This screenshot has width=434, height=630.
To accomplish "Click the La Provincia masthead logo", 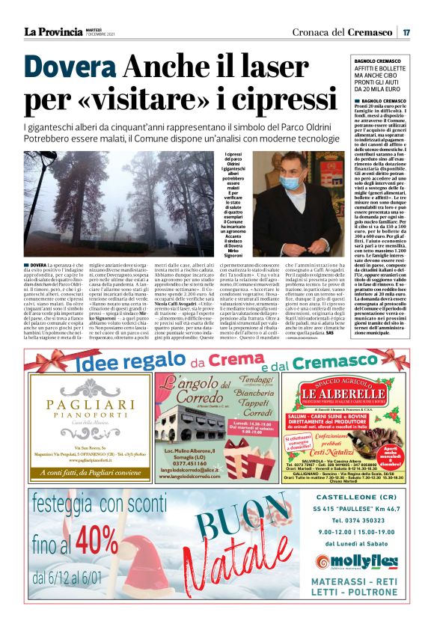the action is (53, 31).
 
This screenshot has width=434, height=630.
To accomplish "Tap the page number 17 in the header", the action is (406, 32).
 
